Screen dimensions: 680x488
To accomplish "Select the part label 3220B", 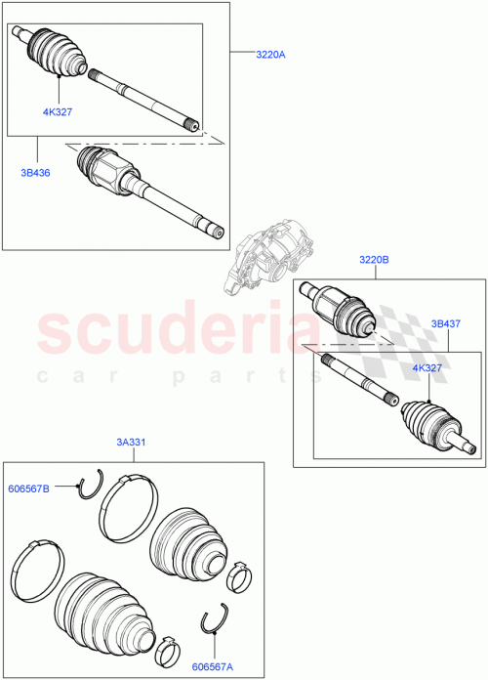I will click(374, 260).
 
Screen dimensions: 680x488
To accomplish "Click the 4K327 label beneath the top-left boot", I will click(58, 111).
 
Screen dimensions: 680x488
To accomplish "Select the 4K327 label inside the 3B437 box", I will click(427, 367).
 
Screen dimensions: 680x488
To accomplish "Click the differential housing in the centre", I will click(260, 258).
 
